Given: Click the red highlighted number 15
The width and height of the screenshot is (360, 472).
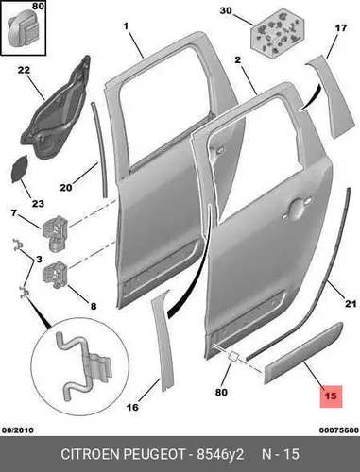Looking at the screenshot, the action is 331,396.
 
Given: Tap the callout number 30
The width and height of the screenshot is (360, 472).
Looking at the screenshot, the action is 226,11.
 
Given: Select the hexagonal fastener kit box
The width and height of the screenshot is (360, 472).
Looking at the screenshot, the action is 278,32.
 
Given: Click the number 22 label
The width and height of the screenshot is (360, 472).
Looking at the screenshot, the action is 24,70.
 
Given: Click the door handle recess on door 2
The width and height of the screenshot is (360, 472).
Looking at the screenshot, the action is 296,209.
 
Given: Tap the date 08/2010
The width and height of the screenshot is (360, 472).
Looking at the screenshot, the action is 18,430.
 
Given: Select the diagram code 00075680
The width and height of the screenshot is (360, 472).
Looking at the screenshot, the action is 339,430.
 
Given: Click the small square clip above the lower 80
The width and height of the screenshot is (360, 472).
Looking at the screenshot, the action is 234,357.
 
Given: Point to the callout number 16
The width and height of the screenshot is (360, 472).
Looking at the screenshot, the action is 132,407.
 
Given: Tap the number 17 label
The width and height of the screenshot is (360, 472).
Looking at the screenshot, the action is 340,28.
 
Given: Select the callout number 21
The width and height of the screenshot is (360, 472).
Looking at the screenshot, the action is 351,304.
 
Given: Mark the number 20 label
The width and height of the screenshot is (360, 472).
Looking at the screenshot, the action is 66,188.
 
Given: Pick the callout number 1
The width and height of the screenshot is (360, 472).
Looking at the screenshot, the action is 126,26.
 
